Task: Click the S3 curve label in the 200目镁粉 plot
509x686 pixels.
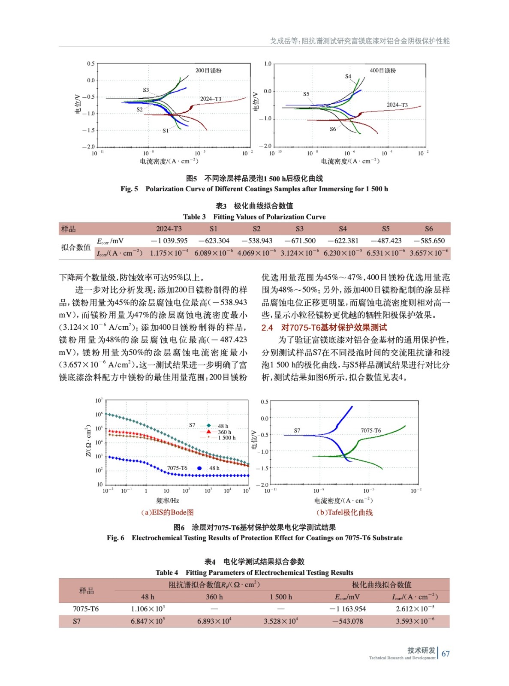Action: point(146,90)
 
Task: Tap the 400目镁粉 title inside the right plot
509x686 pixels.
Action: point(383,70)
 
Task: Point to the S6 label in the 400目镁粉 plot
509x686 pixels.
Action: point(333,129)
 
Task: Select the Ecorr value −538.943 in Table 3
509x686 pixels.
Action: point(256,241)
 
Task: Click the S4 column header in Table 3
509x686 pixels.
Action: point(343,229)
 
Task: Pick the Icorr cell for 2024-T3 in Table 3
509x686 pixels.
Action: point(169,253)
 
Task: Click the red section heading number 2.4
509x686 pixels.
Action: point(267,328)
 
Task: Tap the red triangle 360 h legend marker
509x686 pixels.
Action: point(208,432)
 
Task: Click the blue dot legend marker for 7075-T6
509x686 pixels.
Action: point(199,468)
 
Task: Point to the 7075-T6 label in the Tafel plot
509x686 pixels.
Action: point(370,430)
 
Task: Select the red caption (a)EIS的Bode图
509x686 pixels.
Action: point(167,512)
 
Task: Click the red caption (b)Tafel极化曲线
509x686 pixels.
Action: point(344,512)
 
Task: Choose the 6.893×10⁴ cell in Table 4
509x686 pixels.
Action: point(214,621)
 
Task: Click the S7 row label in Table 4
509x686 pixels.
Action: point(77,621)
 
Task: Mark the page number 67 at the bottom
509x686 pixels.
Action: point(446,654)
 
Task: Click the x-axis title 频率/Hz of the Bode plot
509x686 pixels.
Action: point(168,500)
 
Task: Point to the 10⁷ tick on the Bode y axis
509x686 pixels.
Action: point(99,400)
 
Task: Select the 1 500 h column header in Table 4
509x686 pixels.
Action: point(281,597)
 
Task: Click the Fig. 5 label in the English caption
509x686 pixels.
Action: point(129,189)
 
